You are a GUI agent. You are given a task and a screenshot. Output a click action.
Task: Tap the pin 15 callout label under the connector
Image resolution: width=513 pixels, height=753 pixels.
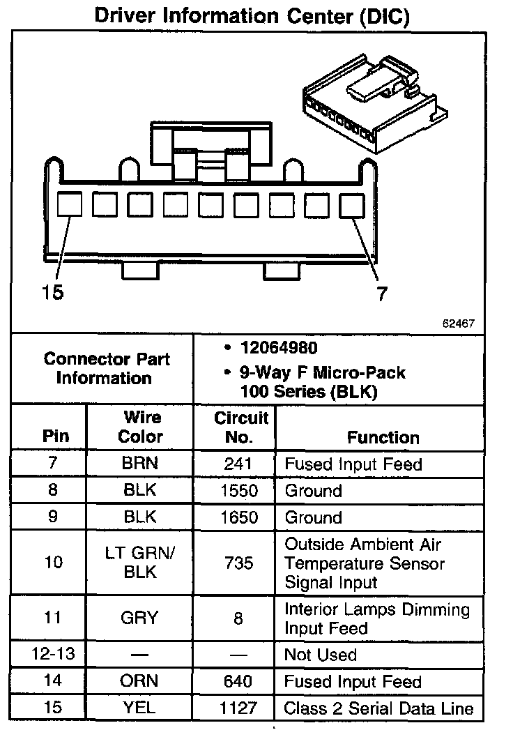(52, 292)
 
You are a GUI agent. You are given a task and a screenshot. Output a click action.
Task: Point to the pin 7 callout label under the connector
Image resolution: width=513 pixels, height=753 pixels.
(381, 294)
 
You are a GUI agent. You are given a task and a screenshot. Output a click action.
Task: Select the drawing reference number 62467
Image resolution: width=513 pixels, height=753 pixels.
(458, 324)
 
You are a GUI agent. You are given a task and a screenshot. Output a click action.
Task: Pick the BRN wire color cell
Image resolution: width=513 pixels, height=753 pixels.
(140, 464)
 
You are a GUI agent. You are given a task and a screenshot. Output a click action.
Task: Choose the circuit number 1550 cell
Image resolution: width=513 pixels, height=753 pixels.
(238, 491)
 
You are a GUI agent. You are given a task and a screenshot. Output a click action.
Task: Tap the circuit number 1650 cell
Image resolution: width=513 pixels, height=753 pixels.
(238, 517)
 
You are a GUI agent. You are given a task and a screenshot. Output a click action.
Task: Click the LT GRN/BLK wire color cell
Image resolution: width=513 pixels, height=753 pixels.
(140, 563)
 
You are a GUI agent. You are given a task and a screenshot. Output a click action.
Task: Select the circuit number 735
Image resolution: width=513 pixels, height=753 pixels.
(238, 563)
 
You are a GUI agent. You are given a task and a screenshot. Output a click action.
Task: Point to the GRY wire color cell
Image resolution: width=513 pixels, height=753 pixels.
(140, 618)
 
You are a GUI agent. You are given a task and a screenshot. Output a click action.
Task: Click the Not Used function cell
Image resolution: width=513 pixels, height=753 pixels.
(320, 655)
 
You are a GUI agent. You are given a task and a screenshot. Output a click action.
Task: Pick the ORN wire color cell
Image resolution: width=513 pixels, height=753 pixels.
(140, 681)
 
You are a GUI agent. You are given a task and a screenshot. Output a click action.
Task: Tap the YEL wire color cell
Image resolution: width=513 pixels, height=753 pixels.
(140, 708)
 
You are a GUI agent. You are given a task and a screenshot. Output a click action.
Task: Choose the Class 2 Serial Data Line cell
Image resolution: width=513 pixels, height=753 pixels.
(378, 709)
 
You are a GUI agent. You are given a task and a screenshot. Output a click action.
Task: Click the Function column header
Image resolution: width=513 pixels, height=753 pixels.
(383, 437)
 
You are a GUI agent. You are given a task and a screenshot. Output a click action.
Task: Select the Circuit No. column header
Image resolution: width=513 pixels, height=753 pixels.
(240, 427)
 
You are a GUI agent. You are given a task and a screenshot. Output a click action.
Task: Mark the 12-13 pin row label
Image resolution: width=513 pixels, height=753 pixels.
(53, 655)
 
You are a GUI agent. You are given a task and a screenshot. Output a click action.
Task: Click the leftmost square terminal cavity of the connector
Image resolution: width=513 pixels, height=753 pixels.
(69, 205)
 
